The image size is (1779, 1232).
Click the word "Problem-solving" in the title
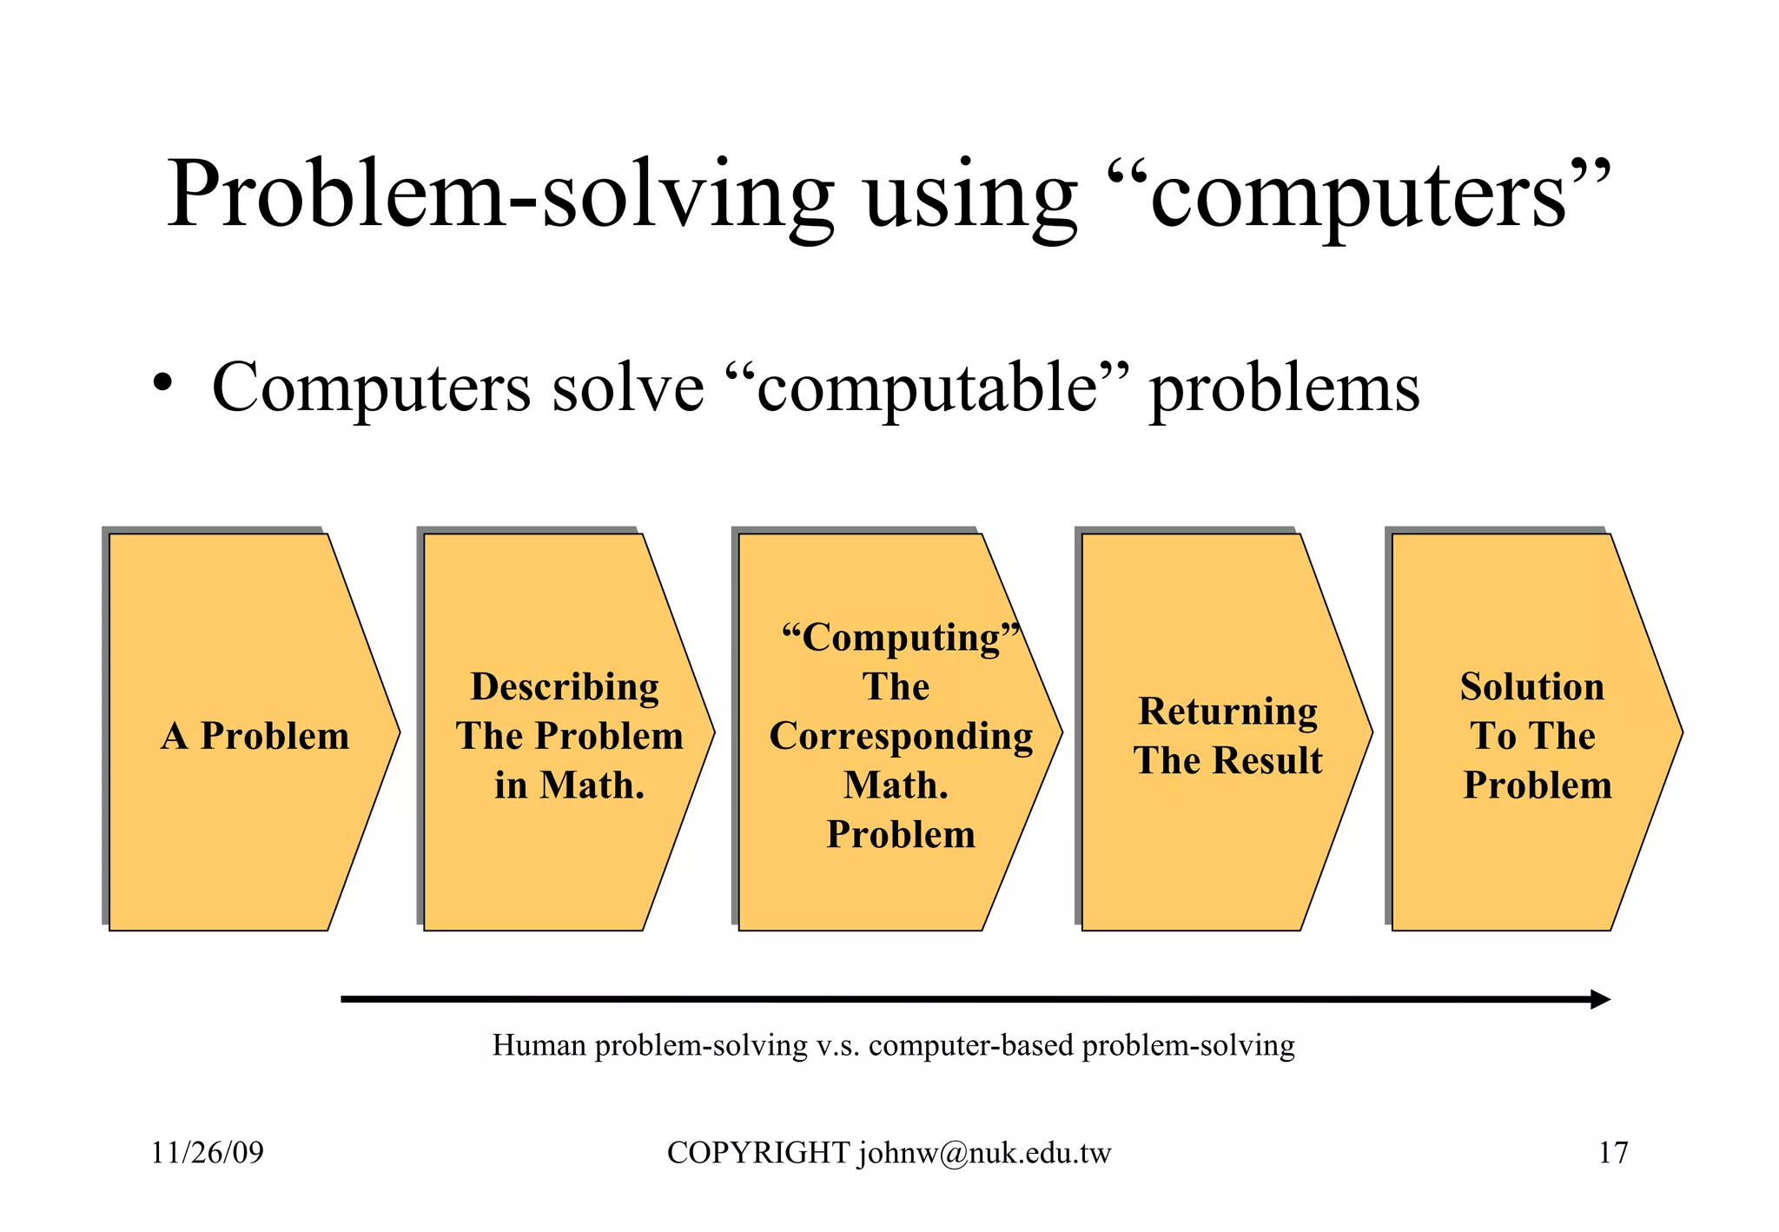[x=499, y=195]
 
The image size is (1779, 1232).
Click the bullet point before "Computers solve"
[x=162, y=382]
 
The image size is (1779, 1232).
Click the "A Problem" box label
[x=255, y=736]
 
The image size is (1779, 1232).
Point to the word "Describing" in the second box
[x=565, y=686]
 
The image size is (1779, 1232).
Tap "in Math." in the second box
[x=570, y=785]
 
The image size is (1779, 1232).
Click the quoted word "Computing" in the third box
[x=900, y=638]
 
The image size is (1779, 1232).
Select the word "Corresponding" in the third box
[x=901, y=736]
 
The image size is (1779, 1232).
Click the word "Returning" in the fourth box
[x=1227, y=711]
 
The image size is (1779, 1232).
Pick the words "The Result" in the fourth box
[x=1227, y=760]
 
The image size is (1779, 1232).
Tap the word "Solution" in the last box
[x=1531, y=686]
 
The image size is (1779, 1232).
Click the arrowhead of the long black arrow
[x=1600, y=999]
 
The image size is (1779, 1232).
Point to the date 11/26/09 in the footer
[x=207, y=1153]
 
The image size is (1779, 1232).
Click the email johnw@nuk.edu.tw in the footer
[x=984, y=1154]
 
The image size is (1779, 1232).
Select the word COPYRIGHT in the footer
[x=757, y=1153]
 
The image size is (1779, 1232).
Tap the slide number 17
[x=1613, y=1153]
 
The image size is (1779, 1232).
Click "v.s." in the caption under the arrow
[x=838, y=1045]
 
